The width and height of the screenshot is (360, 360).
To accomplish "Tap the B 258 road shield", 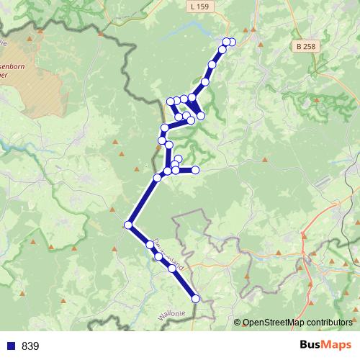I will [305, 46].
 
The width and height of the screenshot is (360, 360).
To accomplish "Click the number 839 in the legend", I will [31, 346].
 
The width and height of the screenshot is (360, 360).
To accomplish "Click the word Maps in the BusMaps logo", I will [337, 346].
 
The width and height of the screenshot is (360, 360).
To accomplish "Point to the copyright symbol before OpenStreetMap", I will [238, 323].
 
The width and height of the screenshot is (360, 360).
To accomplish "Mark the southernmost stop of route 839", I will [196, 298].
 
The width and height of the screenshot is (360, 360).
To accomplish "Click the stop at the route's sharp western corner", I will [128, 225].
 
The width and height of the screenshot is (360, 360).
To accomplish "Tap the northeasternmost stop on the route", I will [231, 42].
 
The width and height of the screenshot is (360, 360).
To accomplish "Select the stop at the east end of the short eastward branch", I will [194, 170].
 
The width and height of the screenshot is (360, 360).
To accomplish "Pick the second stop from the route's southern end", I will [172, 269].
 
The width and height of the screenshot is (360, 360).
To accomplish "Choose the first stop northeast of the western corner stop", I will [157, 177].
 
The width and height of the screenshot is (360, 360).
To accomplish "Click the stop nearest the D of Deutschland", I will [150, 245].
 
